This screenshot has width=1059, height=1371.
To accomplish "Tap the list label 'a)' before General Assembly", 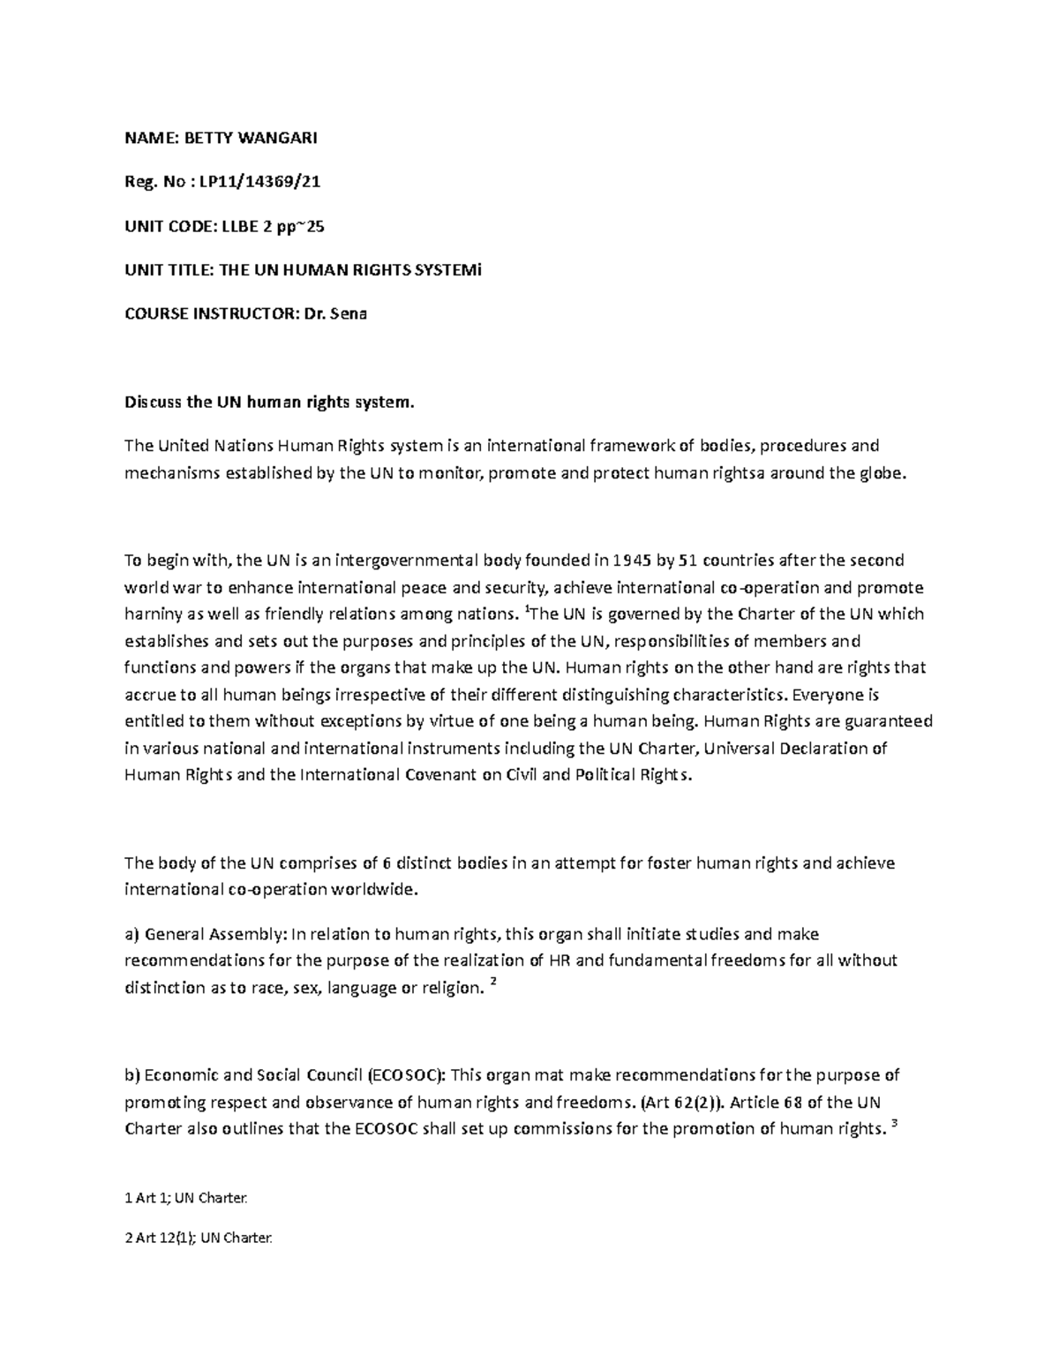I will (132, 934).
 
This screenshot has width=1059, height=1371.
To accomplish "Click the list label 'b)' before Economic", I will (132, 1075).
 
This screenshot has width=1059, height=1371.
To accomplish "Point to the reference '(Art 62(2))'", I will (678, 1102).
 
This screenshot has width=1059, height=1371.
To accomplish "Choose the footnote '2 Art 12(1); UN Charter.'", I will (199, 1238).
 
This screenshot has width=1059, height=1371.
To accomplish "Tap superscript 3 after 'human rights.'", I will (894, 1124).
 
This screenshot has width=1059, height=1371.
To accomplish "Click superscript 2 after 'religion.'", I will (492, 983).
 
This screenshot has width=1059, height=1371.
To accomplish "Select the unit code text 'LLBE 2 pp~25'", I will (272, 226).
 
